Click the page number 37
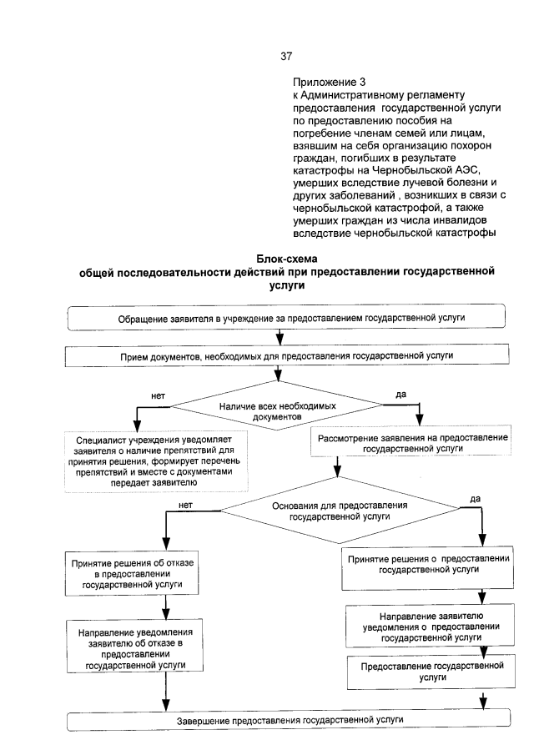286,57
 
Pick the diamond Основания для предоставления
340,511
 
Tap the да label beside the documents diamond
400,393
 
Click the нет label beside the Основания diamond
185,505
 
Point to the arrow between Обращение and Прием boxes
280,338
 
